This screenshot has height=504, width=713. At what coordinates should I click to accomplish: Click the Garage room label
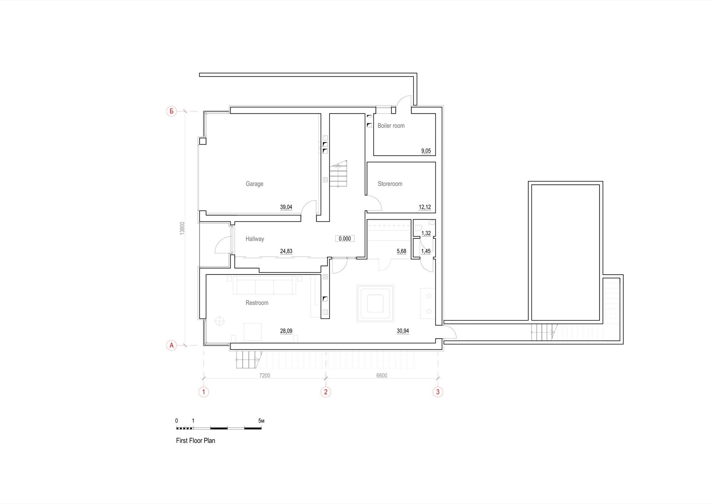pos(255,184)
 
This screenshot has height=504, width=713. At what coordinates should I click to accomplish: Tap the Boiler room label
pos(391,126)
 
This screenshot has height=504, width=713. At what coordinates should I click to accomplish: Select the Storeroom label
pos(390,184)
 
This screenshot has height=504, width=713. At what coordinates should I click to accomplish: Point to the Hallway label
pos(255,239)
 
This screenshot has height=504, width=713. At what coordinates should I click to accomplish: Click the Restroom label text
pos(257,303)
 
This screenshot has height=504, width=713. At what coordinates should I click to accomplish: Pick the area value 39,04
pos(286,207)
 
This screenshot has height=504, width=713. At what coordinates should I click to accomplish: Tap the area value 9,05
pos(426,151)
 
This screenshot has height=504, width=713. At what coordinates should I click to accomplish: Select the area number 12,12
pos(425,207)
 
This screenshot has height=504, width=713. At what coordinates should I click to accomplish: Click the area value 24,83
pos(286,251)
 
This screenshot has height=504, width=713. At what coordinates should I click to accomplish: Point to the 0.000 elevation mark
pos(345,239)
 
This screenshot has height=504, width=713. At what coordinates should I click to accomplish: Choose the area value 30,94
pos(403,331)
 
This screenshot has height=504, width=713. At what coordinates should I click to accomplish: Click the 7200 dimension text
pos(265,375)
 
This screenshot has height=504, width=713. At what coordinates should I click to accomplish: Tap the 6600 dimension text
pos(382,375)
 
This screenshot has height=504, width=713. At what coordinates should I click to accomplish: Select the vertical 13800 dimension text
pos(182,228)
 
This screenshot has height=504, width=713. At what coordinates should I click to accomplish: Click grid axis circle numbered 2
pos(325,392)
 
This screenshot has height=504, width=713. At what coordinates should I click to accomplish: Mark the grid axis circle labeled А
pos(171,345)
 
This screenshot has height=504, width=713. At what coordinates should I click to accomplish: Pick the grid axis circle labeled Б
pos(171,112)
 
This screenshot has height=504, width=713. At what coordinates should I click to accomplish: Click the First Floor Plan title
pos(196,441)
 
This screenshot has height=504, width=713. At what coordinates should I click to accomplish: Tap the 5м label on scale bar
pos(261,421)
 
